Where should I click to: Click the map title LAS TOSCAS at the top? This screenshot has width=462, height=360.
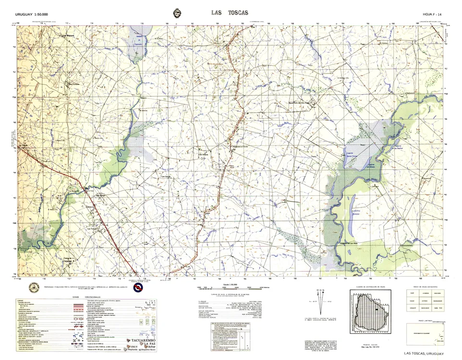[230, 13]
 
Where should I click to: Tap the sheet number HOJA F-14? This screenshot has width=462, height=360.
[432, 14]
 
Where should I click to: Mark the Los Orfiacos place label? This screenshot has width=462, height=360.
[205, 154]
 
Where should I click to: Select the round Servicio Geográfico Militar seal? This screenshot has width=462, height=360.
[34, 288]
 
